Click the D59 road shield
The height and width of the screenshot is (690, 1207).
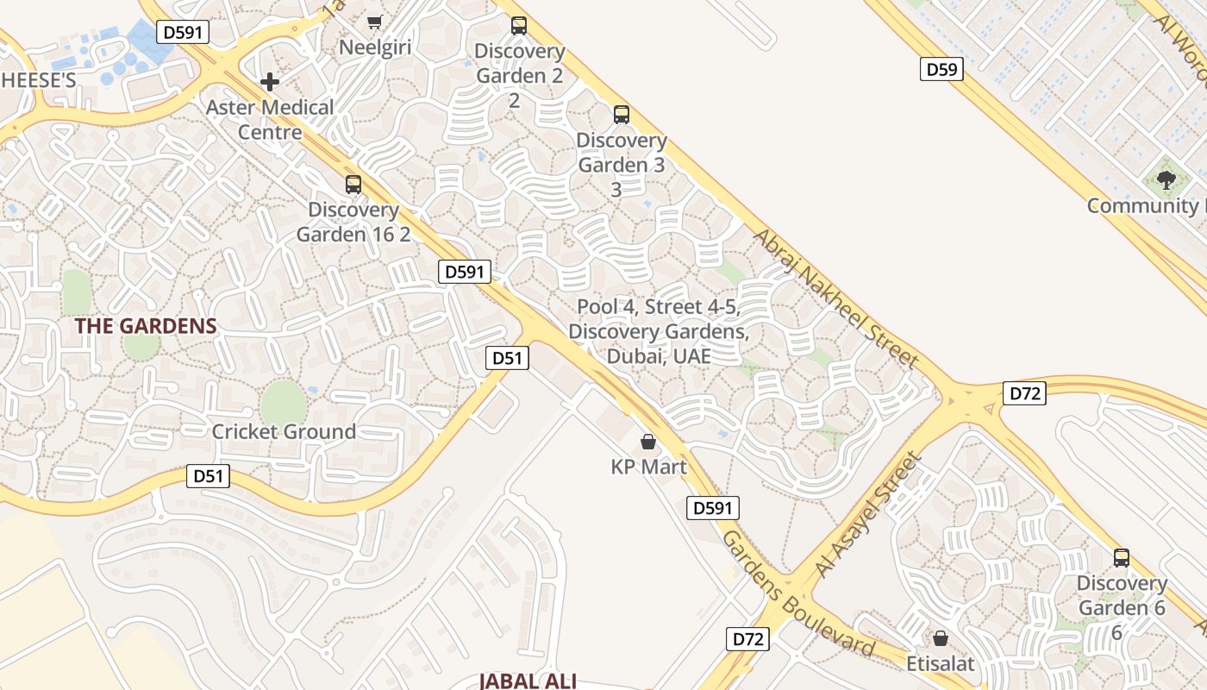click(x=941, y=70)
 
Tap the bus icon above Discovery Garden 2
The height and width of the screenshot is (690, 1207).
click(x=518, y=25)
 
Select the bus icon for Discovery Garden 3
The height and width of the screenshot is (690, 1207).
click(x=621, y=114)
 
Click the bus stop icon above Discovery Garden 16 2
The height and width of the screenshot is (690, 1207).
click(x=353, y=184)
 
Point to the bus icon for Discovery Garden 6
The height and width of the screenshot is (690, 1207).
click(x=1121, y=557)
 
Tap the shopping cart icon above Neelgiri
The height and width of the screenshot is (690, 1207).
click(x=374, y=22)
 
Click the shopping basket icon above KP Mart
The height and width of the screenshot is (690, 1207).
click(x=648, y=442)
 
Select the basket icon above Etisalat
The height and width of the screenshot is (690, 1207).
click(x=941, y=638)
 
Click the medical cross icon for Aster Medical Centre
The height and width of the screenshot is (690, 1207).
click(x=270, y=82)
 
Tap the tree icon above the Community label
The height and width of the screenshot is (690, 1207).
click(x=1166, y=180)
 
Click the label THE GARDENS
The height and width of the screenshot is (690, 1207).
click(x=145, y=326)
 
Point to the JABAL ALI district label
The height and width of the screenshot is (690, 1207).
click(x=528, y=681)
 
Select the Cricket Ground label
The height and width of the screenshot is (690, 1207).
click(x=284, y=431)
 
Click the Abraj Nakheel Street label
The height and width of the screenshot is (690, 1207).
click(x=835, y=299)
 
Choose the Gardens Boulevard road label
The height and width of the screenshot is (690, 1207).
click(x=797, y=595)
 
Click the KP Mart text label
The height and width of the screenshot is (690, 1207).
click(x=648, y=467)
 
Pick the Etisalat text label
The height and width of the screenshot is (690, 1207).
click(x=940, y=663)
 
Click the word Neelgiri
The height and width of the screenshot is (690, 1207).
click(x=375, y=47)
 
